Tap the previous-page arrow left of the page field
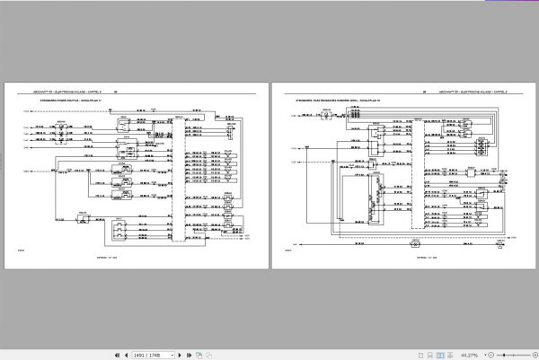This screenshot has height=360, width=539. (x=122, y=354)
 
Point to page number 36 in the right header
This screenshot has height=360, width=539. (x=423, y=92)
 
